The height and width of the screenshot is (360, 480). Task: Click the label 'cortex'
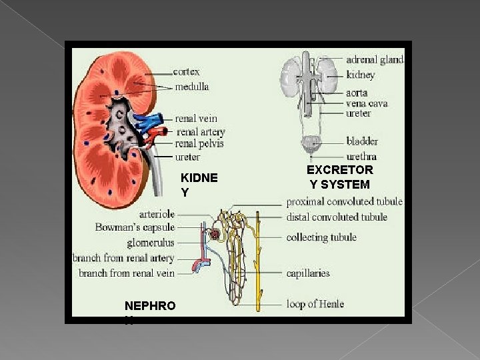(186, 71)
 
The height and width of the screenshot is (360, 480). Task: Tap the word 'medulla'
(191, 87)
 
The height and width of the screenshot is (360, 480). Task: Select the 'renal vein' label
(196, 119)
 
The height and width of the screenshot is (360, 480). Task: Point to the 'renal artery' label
(200, 131)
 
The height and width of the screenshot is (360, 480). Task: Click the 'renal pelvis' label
(199, 143)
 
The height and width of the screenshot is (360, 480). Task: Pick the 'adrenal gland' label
(375, 60)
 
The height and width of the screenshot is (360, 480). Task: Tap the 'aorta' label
(357, 93)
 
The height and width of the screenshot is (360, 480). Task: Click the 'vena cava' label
(367, 103)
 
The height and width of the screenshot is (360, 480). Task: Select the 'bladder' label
(362, 141)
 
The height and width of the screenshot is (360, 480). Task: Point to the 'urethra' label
(361, 157)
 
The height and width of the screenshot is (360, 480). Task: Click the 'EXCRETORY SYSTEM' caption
(339, 177)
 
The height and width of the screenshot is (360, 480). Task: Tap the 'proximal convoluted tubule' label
(344, 201)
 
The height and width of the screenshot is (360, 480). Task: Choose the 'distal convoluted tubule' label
(336, 217)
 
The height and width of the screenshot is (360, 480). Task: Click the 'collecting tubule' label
(321, 237)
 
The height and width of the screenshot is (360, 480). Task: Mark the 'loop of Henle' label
(315, 304)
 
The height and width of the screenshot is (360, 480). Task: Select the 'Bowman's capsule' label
(135, 228)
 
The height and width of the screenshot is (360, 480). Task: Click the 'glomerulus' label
(151, 243)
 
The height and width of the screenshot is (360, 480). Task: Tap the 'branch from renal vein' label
(127, 273)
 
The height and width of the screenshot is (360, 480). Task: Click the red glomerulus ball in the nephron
(215, 234)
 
